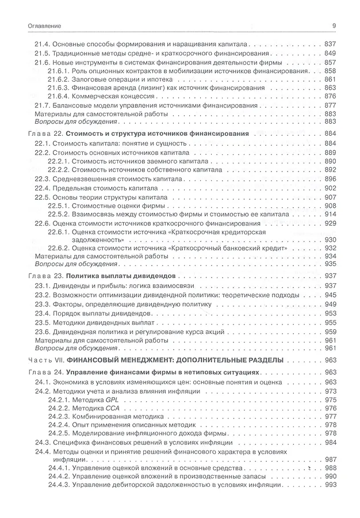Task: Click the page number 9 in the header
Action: point(334,26)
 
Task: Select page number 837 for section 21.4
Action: point(330,44)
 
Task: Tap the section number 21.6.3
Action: point(58,88)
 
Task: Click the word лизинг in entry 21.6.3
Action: point(151,88)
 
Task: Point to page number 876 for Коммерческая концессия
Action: point(330,97)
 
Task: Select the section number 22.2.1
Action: point(58,162)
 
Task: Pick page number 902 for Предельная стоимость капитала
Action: point(330,188)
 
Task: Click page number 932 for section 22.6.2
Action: point(330,247)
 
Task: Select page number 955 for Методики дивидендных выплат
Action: point(330,323)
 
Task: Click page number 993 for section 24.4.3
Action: point(330,485)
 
